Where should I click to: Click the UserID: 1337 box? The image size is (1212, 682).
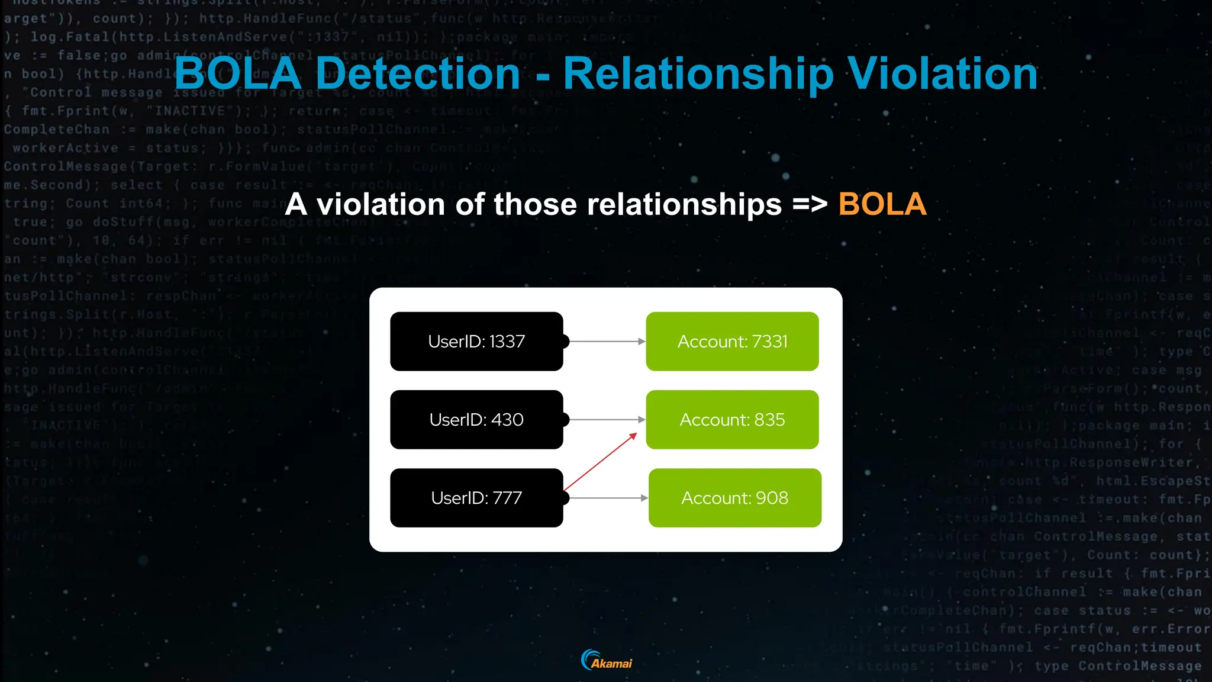click(476, 342)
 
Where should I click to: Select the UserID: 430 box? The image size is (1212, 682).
click(476, 420)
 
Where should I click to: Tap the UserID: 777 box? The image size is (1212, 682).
click(476, 498)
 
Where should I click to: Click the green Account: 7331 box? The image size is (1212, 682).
click(732, 342)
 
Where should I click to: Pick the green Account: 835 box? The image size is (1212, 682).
click(732, 420)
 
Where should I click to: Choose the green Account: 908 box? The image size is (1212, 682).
click(734, 498)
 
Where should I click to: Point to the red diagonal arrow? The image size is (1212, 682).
click(600, 462)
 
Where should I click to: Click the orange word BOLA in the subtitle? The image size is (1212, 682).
click(882, 204)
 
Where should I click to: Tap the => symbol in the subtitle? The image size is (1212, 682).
click(810, 205)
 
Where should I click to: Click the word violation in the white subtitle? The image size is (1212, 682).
click(381, 204)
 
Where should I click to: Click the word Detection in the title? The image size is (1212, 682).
click(418, 73)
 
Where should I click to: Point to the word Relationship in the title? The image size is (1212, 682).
click(698, 74)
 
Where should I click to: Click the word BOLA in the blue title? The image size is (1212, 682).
click(238, 73)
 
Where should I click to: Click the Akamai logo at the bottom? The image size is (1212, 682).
click(607, 660)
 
